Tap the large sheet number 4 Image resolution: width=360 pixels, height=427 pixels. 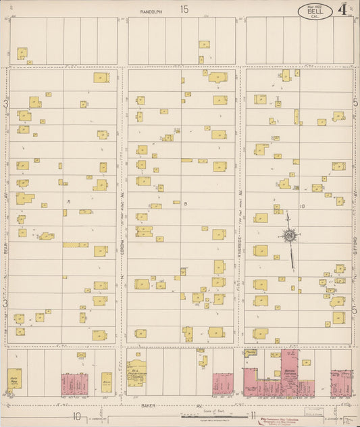[343, 9]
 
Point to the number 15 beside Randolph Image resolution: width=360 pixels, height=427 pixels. [184, 9]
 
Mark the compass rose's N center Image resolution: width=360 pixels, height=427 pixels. [289, 235]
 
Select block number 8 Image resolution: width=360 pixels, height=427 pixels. [69, 201]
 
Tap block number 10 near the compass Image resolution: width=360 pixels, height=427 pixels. [302, 206]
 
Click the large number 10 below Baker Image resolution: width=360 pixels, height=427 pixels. [78, 416]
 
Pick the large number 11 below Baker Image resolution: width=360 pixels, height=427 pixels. [252, 416]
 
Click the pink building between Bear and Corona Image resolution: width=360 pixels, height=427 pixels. [76, 383]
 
